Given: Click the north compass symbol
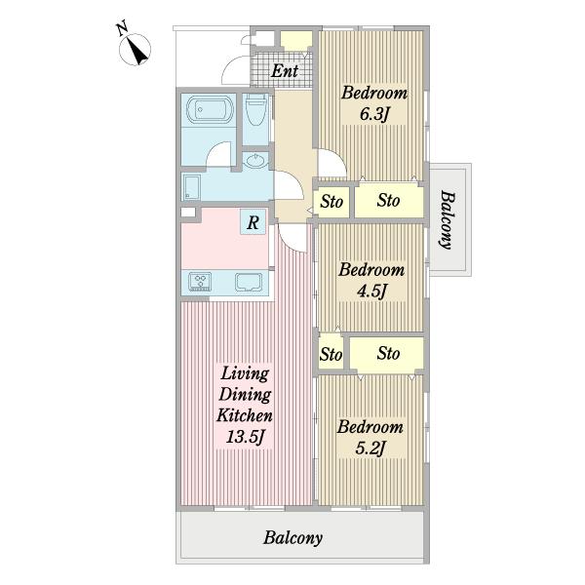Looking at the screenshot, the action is (136, 50).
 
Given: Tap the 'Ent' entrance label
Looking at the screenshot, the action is (285, 71).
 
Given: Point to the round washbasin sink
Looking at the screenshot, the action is (255, 161).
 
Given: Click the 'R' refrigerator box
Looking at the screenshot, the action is (253, 222).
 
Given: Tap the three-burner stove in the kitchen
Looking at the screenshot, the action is (200, 281).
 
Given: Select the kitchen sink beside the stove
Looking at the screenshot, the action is (249, 282).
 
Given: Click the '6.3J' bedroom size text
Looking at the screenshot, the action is (374, 114).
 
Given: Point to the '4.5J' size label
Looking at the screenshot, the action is (371, 292).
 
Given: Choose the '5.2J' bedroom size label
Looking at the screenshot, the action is (370, 448).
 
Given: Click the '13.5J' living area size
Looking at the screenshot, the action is (245, 437).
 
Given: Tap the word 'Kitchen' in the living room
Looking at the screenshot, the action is (245, 415).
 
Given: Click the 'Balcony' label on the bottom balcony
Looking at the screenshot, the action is (292, 538).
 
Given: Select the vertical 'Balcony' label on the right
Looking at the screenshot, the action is (448, 219).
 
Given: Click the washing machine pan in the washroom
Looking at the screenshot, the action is (192, 187).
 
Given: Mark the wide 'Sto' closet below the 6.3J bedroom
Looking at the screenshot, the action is (389, 200).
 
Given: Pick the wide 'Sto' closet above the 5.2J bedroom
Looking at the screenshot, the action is (386, 353).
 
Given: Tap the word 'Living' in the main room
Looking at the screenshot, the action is (245, 373).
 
